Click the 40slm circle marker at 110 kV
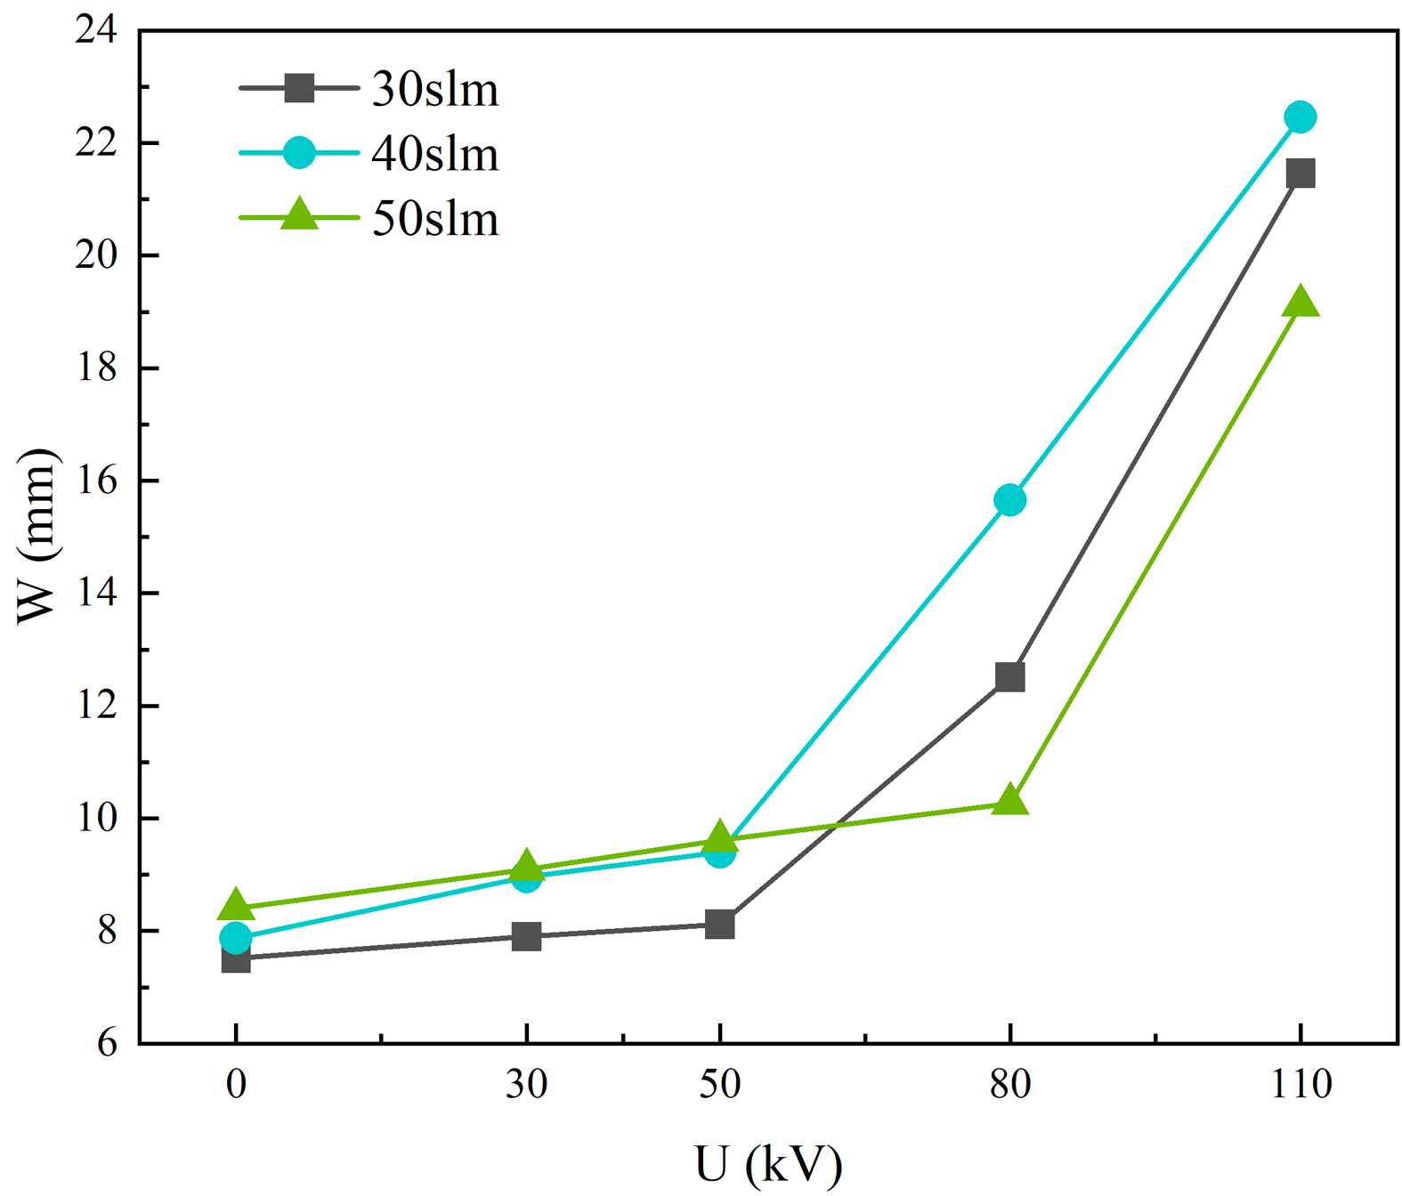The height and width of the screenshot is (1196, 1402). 1300,117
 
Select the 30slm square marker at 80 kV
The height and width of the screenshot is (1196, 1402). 1009,677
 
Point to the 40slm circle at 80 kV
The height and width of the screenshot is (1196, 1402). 1009,500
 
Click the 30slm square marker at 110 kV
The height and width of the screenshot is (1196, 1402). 1300,173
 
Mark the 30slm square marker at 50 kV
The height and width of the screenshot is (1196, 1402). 719,925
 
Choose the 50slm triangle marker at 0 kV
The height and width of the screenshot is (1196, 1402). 236,904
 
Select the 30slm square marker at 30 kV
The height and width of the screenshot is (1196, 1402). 526,936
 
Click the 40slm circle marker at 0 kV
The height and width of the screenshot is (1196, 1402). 236,937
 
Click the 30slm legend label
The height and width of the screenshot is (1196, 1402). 435,90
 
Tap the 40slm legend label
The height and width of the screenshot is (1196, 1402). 435,155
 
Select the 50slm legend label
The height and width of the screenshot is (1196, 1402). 435,219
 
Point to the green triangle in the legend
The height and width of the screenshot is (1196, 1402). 299,214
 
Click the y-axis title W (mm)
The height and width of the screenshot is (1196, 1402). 38,537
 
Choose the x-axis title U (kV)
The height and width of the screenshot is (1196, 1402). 767,1164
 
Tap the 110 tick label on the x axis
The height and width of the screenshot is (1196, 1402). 1301,1085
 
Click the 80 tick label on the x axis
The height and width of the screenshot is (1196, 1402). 1010,1085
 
